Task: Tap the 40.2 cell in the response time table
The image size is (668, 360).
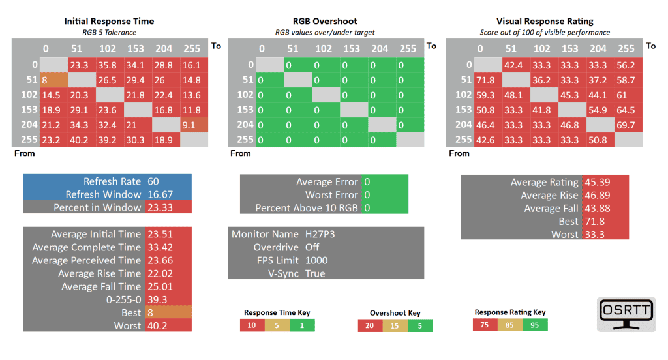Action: pyautogui.click(x=80, y=139)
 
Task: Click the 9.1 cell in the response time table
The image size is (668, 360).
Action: pyautogui.click(x=192, y=124)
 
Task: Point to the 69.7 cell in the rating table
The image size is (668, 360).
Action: pyautogui.click(x=626, y=124)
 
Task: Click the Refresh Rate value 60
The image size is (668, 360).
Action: pyautogui.click(x=154, y=181)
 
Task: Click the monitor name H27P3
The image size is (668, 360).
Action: pyautogui.click(x=320, y=234)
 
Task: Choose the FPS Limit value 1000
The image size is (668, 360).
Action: pyautogui.click(x=317, y=260)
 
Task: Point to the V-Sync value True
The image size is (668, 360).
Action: pyautogui.click(x=316, y=273)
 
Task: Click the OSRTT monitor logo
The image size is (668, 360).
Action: pyautogui.click(x=626, y=314)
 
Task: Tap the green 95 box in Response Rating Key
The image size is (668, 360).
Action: pyautogui.click(x=534, y=325)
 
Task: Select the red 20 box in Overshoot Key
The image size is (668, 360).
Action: pyautogui.click(x=371, y=326)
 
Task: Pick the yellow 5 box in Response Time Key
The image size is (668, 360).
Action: pyautogui.click(x=277, y=325)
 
